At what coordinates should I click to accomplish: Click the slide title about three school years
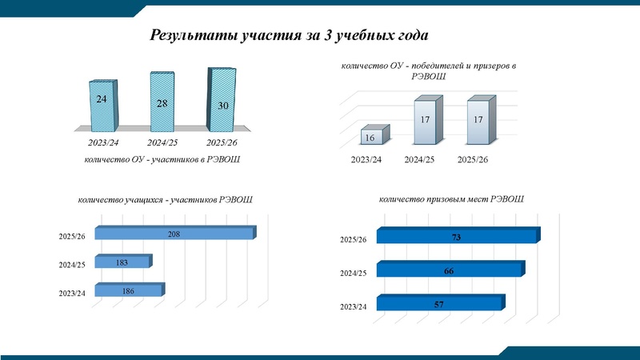(x=290, y=36)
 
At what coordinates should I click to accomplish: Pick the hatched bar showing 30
(x=222, y=99)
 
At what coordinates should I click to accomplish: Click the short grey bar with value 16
(x=374, y=137)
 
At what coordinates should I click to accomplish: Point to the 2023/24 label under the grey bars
(x=366, y=159)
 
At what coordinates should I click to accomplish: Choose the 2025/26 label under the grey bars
(x=472, y=159)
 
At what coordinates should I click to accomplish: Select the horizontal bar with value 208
(x=174, y=234)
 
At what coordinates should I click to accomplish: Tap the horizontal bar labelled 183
(x=122, y=262)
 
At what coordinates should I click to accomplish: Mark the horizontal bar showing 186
(x=128, y=291)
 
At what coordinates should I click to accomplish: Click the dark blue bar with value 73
(x=455, y=237)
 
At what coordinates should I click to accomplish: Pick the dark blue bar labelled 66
(x=449, y=271)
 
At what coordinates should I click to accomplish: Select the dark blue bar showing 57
(x=439, y=304)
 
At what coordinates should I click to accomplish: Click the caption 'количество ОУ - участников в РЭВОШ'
(x=162, y=160)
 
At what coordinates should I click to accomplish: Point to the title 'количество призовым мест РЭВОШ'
(x=451, y=198)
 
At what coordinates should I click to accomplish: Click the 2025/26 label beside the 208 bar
(x=72, y=236)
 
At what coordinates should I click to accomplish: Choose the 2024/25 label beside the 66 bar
(x=353, y=273)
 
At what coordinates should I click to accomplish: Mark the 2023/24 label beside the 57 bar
(x=353, y=306)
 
